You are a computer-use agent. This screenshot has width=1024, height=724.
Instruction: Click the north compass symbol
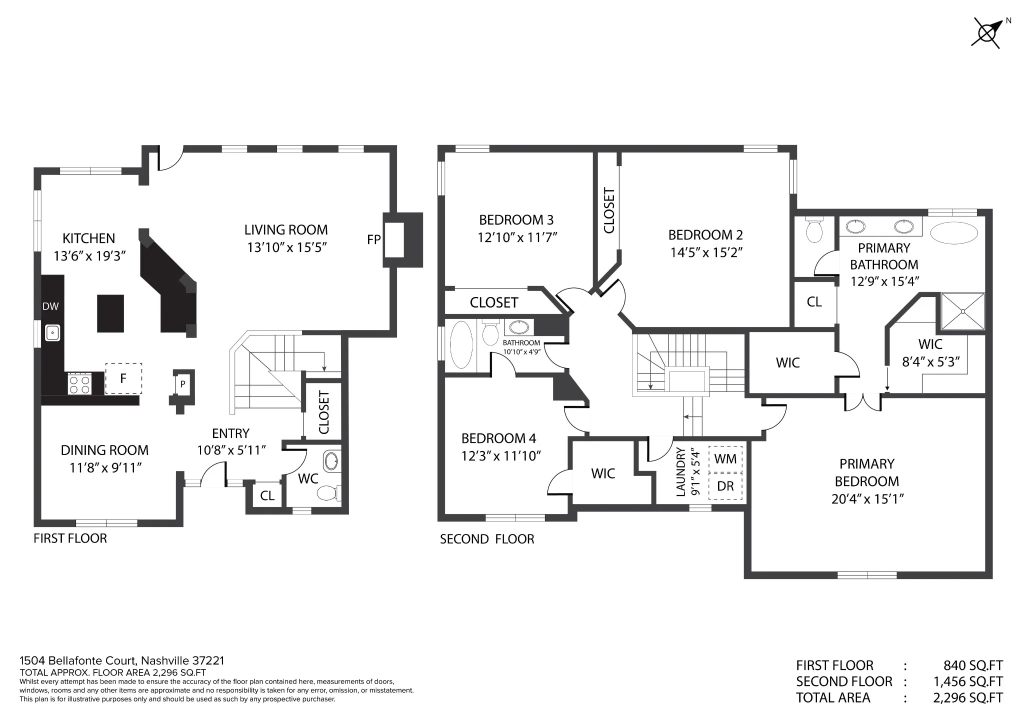[987, 32]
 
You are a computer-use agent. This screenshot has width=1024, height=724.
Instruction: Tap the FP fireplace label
[373, 240]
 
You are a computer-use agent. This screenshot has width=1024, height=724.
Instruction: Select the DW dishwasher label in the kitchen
[50, 306]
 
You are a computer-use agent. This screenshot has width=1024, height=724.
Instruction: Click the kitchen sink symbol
[52, 333]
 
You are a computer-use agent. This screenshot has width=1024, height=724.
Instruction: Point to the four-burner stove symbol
[79, 383]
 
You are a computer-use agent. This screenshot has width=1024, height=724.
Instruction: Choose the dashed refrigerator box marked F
[123, 378]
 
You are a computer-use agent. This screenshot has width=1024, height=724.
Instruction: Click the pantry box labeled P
[183, 384]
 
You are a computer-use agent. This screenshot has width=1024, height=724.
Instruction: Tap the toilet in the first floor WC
[328, 493]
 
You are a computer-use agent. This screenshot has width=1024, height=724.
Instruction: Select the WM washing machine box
[725, 458]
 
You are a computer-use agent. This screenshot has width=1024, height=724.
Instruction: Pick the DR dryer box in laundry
[725, 485]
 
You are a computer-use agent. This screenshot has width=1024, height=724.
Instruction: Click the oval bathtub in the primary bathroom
[954, 233]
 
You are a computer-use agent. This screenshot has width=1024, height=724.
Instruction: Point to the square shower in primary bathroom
[963, 311]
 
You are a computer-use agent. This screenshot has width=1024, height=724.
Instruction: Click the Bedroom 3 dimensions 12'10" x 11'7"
[517, 237]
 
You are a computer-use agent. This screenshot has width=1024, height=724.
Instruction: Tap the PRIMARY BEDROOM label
[867, 472]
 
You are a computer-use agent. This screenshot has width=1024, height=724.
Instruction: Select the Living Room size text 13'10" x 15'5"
[286, 247]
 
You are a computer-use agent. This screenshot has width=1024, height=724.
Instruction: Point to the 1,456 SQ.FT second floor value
[968, 681]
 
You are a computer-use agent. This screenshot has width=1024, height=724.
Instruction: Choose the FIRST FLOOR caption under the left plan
[70, 538]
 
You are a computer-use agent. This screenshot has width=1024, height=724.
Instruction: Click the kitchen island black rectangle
[110, 313]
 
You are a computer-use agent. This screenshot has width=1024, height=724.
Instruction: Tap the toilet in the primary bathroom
[814, 230]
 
